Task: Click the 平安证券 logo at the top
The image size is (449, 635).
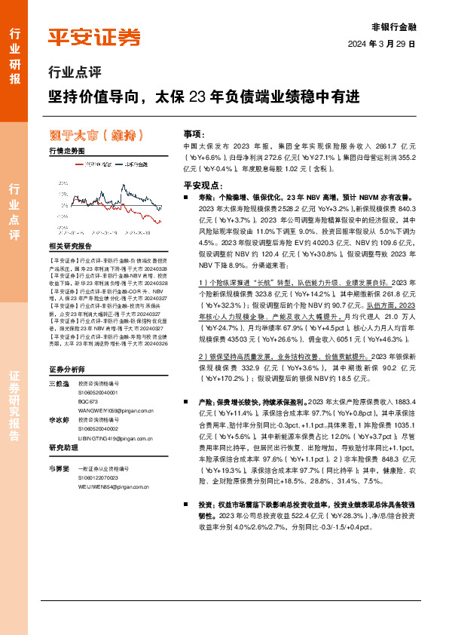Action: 94,37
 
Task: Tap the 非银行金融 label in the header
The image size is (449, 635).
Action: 394,25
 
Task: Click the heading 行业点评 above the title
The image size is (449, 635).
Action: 74,73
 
